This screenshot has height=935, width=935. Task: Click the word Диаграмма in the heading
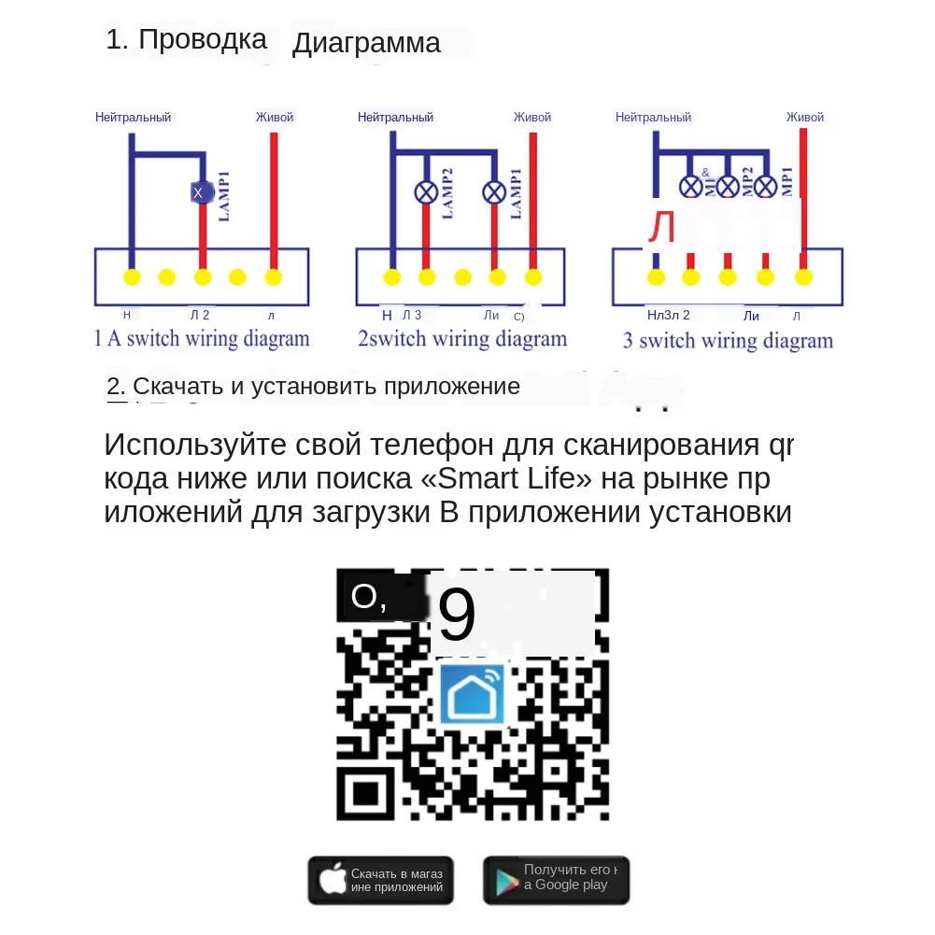coord(366,43)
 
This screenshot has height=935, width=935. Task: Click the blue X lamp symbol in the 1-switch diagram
coord(198,192)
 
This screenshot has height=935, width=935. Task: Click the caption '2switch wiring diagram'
coord(461,338)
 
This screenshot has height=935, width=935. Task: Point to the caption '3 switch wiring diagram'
coord(728,340)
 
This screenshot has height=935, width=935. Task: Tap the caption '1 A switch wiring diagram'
coord(201,338)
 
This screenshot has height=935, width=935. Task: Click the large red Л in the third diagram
coord(662,228)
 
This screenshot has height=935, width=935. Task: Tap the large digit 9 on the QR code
coord(457,616)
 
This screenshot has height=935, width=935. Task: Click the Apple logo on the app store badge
coord(333,880)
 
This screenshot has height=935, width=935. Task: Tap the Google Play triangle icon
coord(506,881)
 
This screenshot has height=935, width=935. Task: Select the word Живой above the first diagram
coord(275,118)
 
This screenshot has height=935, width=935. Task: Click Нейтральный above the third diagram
coord(653,118)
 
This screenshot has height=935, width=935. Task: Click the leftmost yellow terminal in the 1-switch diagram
coord(132,277)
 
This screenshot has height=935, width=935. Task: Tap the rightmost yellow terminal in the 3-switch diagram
coord(802,277)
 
